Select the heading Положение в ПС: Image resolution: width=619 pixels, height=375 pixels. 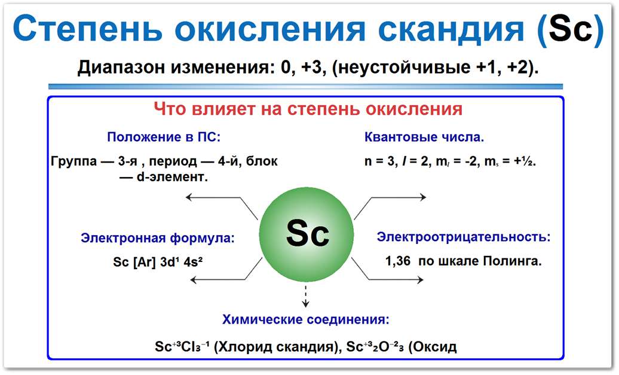164,137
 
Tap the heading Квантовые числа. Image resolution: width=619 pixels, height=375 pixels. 424,137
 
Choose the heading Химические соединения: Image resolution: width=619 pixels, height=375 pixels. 306,319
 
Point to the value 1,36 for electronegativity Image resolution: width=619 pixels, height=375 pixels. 399,261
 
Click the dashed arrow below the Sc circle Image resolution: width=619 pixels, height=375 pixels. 307,295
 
